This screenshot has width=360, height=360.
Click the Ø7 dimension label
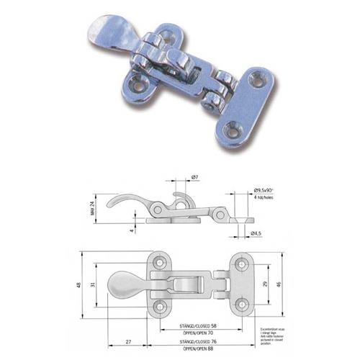(x=195, y=177)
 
